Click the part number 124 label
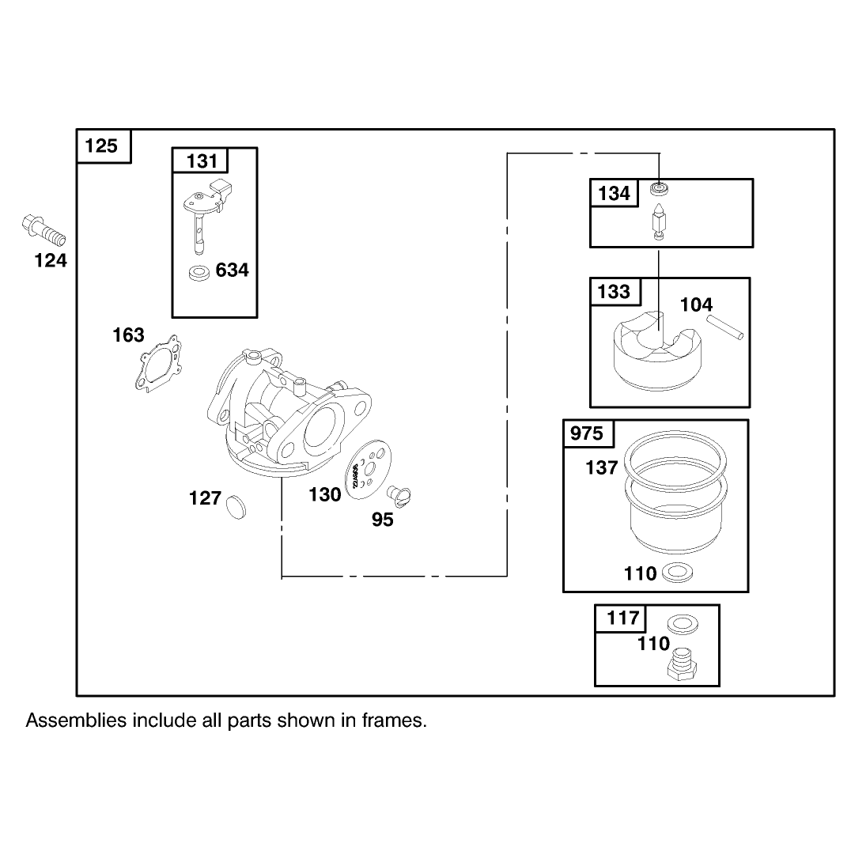51,260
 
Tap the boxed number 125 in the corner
101,146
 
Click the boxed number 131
202,161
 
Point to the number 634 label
233,270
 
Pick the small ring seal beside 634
199,273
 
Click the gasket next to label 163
158,362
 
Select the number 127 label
205,497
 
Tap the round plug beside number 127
236,506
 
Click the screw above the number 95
399,496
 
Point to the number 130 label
324,494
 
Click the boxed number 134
614,193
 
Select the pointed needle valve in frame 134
659,221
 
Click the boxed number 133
614,292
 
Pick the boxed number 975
587,433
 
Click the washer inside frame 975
677,572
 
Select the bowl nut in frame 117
681,665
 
